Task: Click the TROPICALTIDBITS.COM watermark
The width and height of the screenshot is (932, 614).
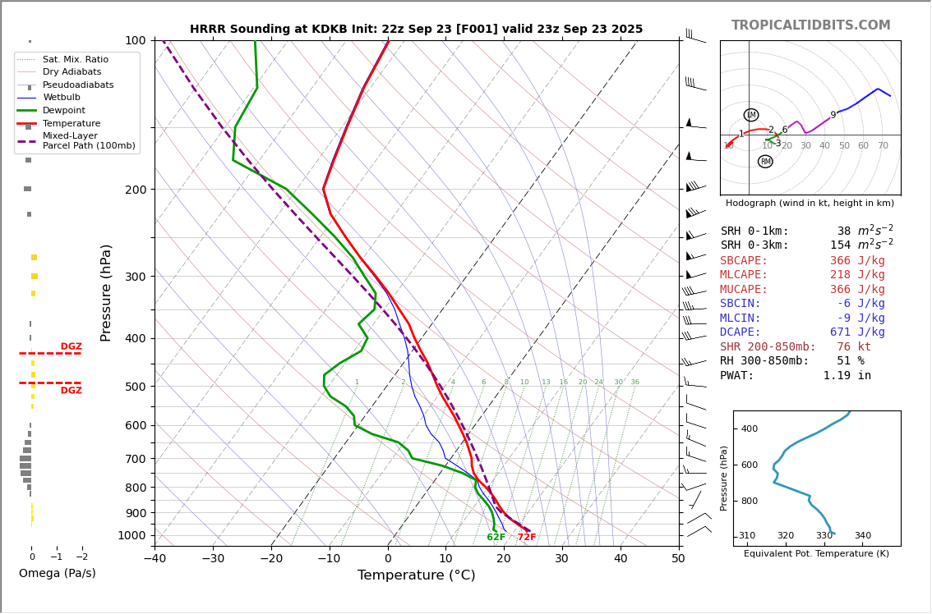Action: pyautogui.click(x=810, y=25)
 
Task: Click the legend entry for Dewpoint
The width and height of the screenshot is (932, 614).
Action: pyautogui.click(x=63, y=111)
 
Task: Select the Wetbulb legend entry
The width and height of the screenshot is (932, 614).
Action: pyautogui.click(x=61, y=98)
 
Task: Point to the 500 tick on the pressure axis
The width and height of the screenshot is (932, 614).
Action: pyautogui.click(x=135, y=387)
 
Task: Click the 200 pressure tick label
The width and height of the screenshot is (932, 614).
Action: pyautogui.click(x=135, y=190)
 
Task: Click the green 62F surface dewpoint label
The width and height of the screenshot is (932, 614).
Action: pyautogui.click(x=496, y=538)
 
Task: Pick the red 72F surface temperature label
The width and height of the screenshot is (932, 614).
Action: pyautogui.click(x=527, y=538)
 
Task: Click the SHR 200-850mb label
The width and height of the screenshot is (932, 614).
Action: pyautogui.click(x=768, y=347)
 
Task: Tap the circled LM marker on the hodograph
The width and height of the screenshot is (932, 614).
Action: pyautogui.click(x=751, y=115)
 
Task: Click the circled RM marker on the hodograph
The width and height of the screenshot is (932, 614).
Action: pyautogui.click(x=765, y=162)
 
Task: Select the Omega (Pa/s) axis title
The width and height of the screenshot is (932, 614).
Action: pyautogui.click(x=58, y=574)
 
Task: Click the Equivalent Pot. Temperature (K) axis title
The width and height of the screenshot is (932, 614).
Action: pyautogui.click(x=816, y=554)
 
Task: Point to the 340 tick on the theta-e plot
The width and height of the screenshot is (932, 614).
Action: pyautogui.click(x=862, y=536)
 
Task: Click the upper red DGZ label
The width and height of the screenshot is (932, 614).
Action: pyautogui.click(x=71, y=347)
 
